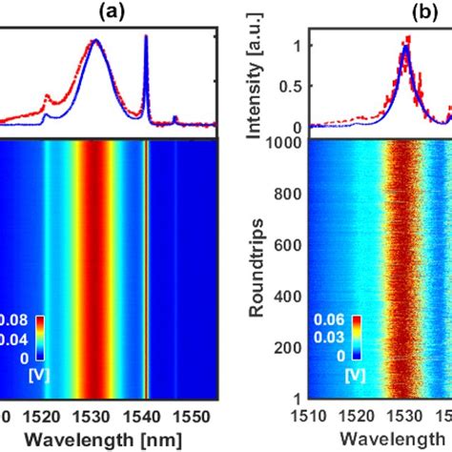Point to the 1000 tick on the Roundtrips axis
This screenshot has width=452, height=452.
[x=289, y=144]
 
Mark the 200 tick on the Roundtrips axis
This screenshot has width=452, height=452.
[x=293, y=346]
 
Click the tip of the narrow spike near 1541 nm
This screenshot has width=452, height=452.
[x=145, y=37]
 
